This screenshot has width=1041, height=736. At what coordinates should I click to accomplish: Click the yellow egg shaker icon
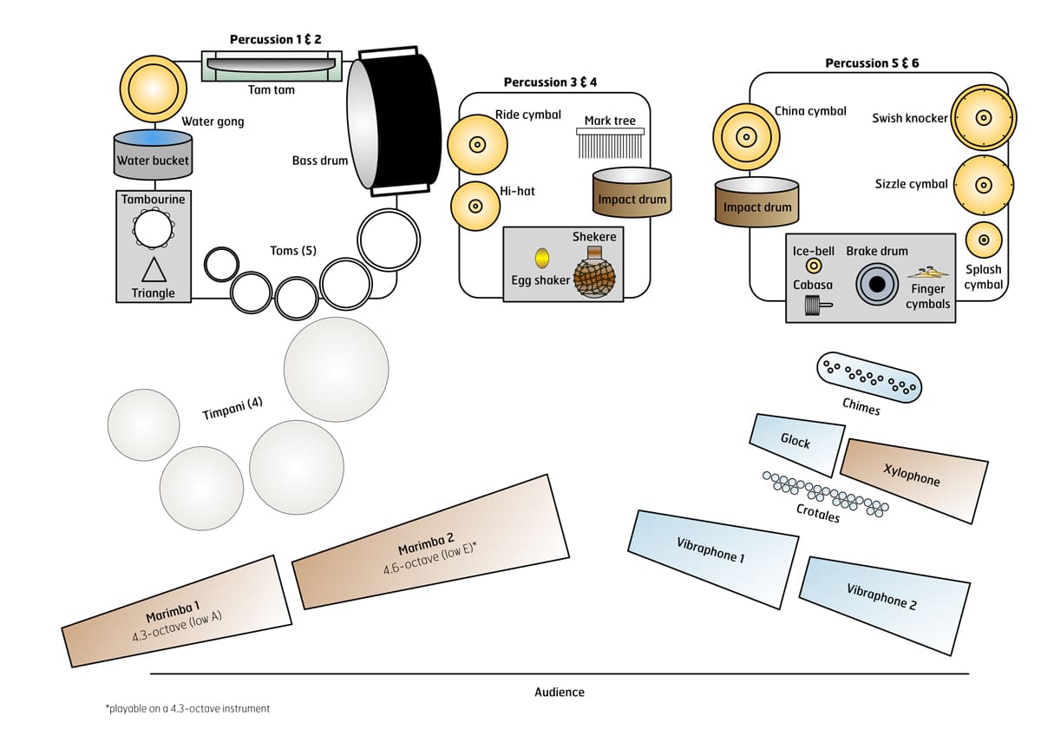coord(542,258)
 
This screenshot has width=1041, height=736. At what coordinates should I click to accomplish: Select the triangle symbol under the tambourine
coord(154,269)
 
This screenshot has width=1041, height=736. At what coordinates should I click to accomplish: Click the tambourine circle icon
coord(154,229)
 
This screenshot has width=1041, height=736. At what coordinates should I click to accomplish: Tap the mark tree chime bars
coord(609,142)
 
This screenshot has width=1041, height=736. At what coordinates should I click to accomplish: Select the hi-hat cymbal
coord(475,207)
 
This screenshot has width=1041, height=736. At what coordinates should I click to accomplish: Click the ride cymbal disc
coord(476,144)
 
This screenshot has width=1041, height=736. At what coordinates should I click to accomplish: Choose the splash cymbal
coord(983,240)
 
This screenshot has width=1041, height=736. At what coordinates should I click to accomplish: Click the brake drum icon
coord(877,284)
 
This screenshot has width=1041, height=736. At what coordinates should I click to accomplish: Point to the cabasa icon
coord(814,305)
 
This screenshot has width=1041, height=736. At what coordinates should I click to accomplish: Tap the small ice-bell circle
coord(814,266)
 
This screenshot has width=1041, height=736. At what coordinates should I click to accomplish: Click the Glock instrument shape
coord(796,443)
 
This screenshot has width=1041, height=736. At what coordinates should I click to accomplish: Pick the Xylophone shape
coord(913,477)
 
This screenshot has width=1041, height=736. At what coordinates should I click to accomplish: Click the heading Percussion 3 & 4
coord(550,82)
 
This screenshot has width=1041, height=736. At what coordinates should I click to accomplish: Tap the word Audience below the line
coord(560,692)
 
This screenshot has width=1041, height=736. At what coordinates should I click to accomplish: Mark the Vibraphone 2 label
coord(881,597)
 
